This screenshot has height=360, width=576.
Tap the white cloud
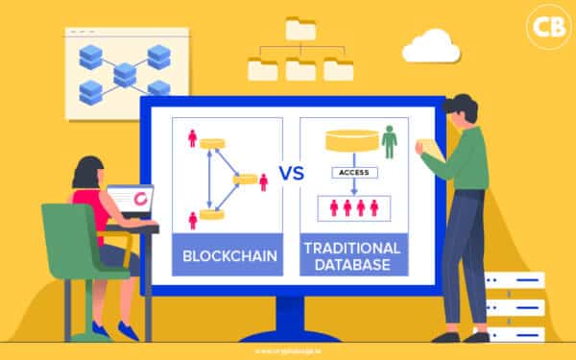(x=432, y=46)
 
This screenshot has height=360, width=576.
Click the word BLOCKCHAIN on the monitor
(x=228, y=255)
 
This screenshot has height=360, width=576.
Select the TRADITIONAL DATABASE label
(x=353, y=255)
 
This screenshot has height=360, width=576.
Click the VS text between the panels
(x=291, y=174)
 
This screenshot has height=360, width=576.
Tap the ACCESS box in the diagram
(x=354, y=173)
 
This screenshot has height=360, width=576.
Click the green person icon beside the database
(x=389, y=144)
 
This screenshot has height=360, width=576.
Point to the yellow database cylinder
(x=352, y=140)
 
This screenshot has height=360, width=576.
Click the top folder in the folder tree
(x=300, y=29)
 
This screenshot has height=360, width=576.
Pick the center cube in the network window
(x=124, y=73)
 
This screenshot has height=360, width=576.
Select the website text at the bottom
(x=288, y=351)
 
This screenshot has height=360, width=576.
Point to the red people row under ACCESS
(x=353, y=207)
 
